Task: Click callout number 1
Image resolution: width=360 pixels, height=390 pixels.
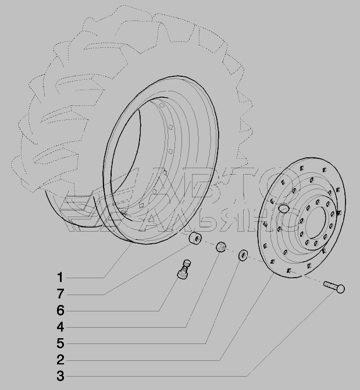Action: [x=60, y=277]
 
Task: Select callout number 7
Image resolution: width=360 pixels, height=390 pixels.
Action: [x=60, y=294]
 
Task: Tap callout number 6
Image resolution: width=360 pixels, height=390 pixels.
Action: [x=60, y=310]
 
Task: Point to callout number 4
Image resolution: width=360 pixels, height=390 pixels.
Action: [x=60, y=327]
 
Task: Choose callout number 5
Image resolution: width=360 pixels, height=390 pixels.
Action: [x=60, y=343]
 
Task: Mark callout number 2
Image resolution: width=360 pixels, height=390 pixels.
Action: [x=60, y=360]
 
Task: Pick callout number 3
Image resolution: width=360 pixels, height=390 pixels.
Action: [x=60, y=376]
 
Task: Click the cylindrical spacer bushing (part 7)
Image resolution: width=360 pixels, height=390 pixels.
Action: [x=195, y=238]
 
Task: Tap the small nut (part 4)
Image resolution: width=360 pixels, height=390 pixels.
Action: [x=220, y=247]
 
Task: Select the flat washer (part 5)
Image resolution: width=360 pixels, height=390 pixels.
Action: [x=243, y=256]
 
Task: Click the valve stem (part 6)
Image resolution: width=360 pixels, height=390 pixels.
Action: [x=184, y=270]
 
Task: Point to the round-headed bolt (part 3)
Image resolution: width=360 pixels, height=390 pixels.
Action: [x=334, y=287]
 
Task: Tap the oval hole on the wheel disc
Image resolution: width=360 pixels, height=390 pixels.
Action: [x=283, y=208]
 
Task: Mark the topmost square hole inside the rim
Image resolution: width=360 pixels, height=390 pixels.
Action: [x=162, y=105]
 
